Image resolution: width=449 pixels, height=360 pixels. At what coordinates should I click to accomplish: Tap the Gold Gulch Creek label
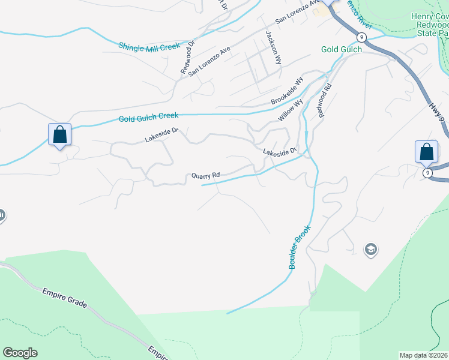coord(148,118)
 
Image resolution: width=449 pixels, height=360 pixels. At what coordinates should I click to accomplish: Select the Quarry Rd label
coord(205,176)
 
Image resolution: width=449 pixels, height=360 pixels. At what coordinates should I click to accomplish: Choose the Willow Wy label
coord(290,111)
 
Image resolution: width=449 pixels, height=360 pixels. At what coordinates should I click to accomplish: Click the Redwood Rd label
coord(324,100)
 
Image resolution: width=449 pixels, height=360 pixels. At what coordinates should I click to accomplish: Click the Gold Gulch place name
coord(341,49)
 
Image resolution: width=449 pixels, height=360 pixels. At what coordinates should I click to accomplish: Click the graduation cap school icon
coord(370,249)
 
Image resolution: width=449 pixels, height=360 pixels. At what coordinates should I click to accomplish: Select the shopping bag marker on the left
coord(59,134)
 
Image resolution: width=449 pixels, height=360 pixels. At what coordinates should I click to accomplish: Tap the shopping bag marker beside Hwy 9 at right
coord(426,151)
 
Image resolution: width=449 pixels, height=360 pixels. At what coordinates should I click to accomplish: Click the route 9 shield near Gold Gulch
coord(360,37)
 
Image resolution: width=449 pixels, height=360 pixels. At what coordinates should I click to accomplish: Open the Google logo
coord(20,353)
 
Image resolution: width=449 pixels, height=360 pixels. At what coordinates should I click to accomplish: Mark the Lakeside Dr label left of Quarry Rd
coord(161,135)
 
